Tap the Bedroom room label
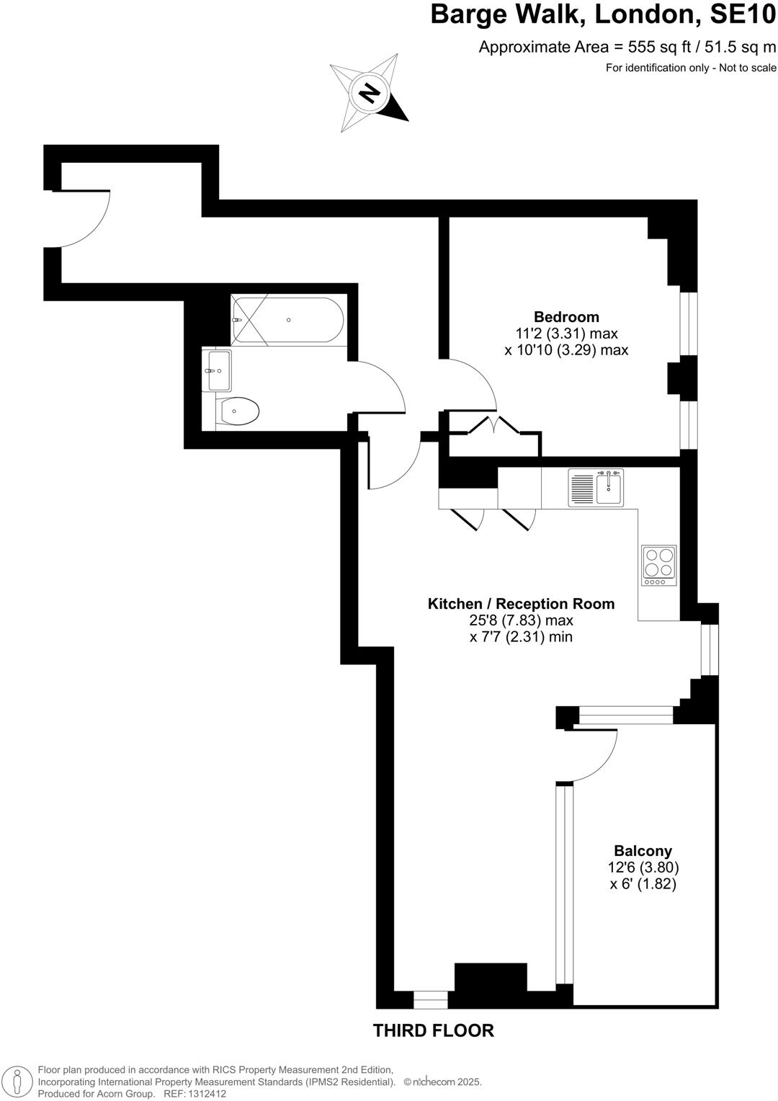[566, 316]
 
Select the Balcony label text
[643, 851]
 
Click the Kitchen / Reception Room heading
[521, 604]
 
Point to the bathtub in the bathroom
[287, 320]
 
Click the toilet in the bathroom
[238, 412]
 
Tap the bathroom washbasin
[219, 370]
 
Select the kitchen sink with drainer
[596, 487]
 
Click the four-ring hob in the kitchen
[659, 565]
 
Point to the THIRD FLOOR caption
[433, 1031]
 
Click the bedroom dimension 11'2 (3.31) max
[566, 334]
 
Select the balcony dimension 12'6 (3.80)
[643, 868]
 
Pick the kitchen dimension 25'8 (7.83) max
[521, 620]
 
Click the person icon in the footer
[19, 1082]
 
